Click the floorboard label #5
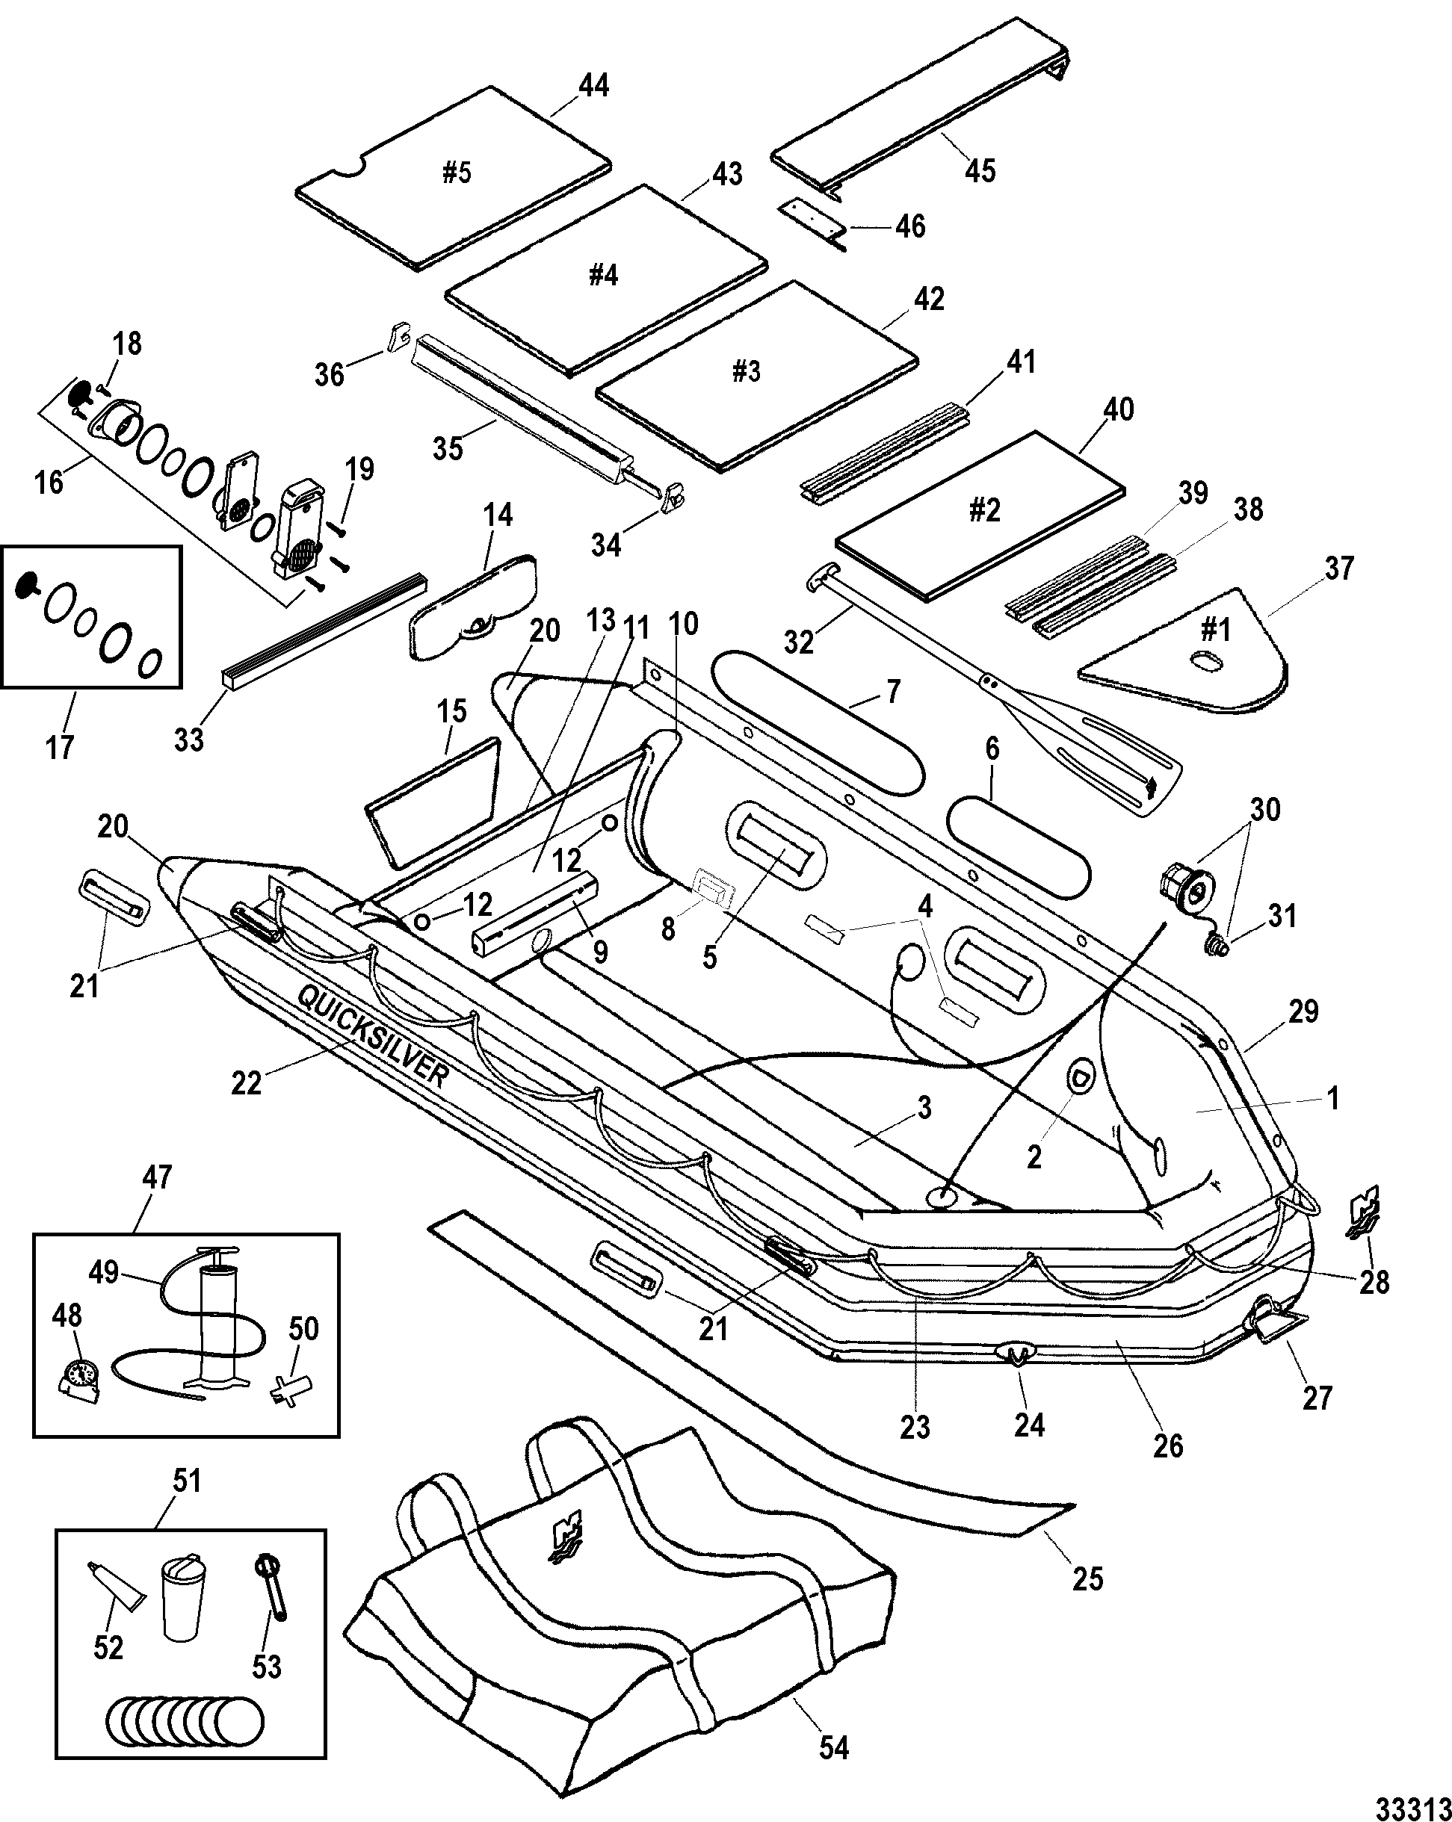click(457, 173)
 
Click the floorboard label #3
click(746, 371)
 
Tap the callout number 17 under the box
click(59, 747)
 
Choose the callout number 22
click(247, 1082)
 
